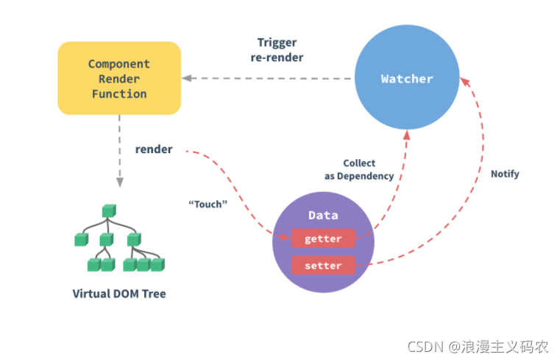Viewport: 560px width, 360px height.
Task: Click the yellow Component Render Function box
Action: click(x=119, y=79)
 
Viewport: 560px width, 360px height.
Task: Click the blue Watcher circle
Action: click(x=407, y=78)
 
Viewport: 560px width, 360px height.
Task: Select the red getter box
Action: click(x=323, y=239)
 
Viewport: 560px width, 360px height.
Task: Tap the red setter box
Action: click(x=323, y=264)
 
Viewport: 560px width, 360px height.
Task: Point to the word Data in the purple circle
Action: click(x=323, y=215)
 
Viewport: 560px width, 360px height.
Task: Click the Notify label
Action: click(x=505, y=174)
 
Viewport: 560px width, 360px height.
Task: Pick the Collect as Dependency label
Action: click(x=359, y=169)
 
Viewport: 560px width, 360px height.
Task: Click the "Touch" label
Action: click(x=207, y=204)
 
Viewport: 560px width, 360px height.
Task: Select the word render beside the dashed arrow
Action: click(x=154, y=149)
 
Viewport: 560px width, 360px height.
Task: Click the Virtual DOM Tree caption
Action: click(x=119, y=294)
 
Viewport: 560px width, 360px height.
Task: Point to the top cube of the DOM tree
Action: click(x=109, y=210)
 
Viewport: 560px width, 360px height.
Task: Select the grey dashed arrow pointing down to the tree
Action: click(x=119, y=151)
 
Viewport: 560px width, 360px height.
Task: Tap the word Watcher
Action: click(x=407, y=78)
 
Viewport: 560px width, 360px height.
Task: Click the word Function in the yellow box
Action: click(x=119, y=93)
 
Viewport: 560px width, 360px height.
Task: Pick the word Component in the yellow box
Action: click(x=119, y=64)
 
